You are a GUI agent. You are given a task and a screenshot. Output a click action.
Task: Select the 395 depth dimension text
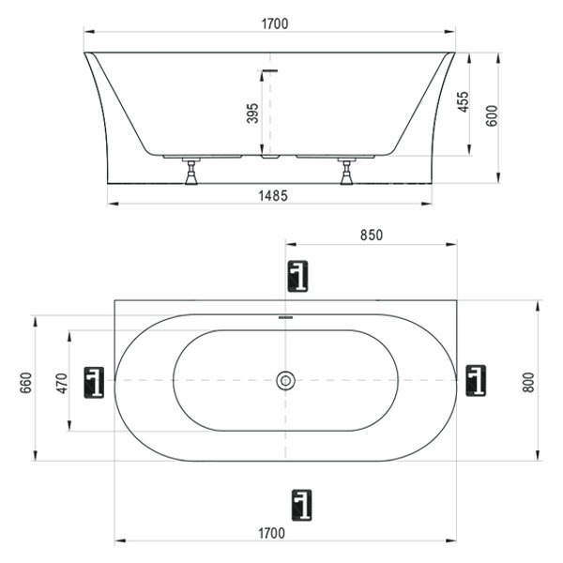(252, 114)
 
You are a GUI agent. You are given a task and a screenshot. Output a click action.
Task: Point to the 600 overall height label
(492, 114)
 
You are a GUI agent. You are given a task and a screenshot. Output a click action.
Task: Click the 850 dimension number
(372, 236)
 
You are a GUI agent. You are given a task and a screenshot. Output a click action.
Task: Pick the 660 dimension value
(25, 384)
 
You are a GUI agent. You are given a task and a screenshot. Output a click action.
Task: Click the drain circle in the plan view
(286, 380)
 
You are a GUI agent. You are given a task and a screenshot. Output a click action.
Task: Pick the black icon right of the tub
(477, 381)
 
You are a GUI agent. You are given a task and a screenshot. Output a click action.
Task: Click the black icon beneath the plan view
(301, 504)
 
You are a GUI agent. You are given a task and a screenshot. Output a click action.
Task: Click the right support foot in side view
(346, 172)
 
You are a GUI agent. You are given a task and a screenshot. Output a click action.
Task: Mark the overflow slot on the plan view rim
(286, 317)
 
